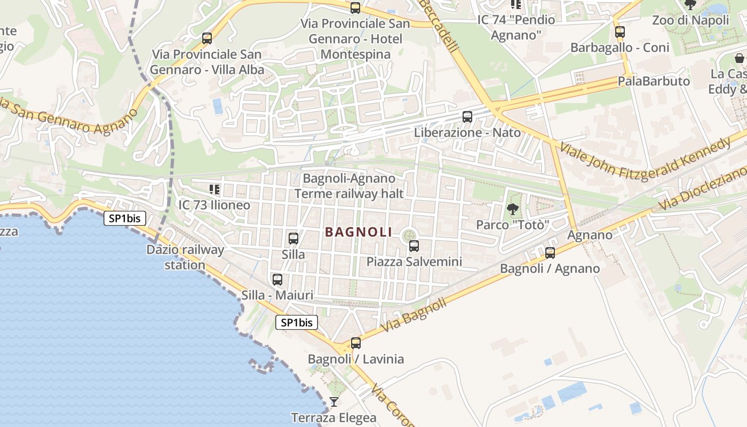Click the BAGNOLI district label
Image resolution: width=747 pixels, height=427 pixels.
click(x=358, y=232)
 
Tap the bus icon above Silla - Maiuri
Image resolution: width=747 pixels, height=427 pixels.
click(x=277, y=279)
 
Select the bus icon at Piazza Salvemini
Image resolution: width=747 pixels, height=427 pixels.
click(x=414, y=246)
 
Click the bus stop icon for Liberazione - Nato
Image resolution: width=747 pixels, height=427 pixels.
click(x=467, y=116)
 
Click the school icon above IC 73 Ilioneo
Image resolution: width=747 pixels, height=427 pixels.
click(x=214, y=189)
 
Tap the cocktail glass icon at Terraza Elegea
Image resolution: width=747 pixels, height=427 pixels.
click(x=334, y=401)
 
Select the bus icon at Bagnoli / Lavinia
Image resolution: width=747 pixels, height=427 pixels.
click(x=356, y=343)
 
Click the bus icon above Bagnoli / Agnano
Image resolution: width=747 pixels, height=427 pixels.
click(x=550, y=252)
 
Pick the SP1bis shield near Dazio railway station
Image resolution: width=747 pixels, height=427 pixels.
click(x=125, y=218)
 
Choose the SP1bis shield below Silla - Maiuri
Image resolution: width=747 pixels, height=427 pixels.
click(x=297, y=322)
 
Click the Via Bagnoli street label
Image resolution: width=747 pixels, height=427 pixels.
click(x=414, y=315)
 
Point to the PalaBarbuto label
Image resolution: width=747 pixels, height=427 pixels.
click(x=654, y=81)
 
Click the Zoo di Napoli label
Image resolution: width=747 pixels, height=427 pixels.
click(x=690, y=20)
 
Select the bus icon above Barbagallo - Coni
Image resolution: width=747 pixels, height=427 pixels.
click(x=619, y=31)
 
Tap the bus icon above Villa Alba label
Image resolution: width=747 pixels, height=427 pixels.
click(x=207, y=38)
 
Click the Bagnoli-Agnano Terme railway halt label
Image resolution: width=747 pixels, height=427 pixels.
click(x=349, y=186)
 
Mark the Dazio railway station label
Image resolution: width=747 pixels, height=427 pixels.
click(x=185, y=257)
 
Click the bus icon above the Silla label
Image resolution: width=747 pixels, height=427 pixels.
click(x=293, y=239)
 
